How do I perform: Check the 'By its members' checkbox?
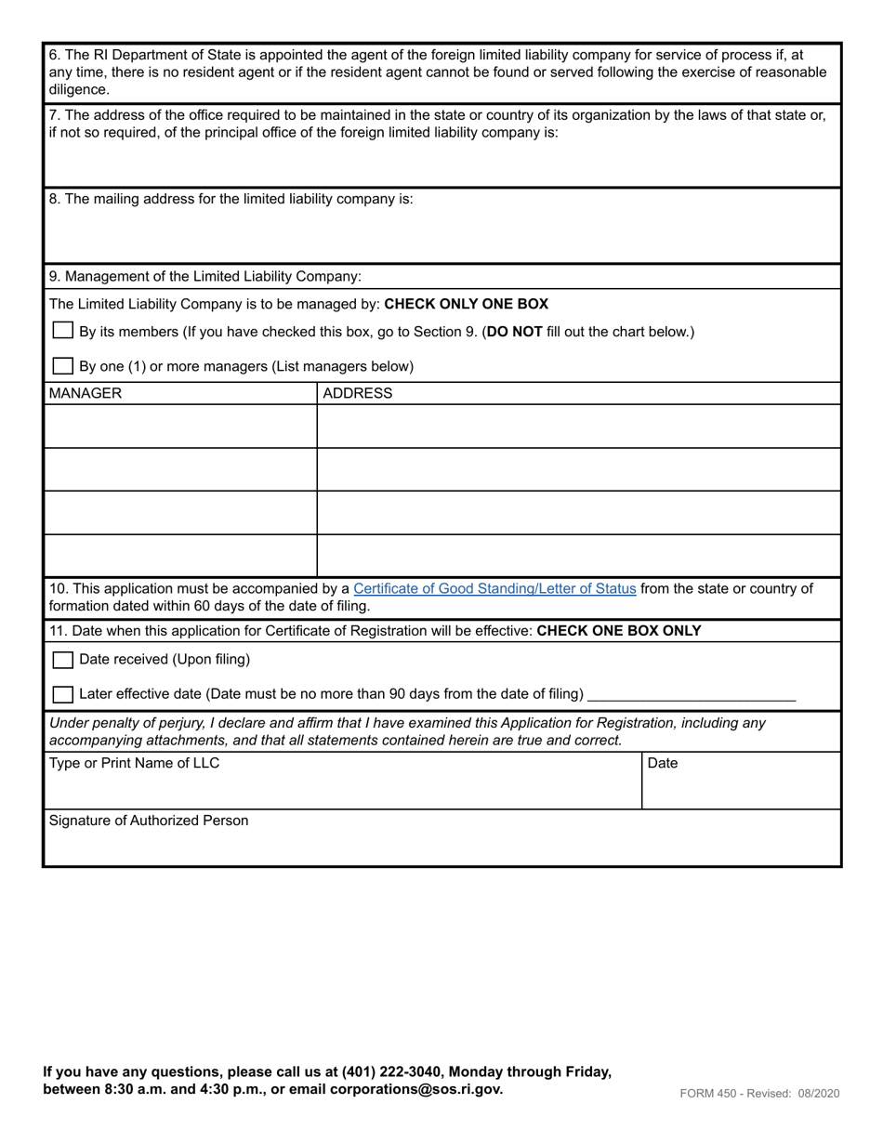point(63,331)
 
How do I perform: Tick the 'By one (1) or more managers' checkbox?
point(63,365)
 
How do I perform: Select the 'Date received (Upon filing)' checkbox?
point(63,660)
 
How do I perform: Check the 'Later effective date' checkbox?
point(63,694)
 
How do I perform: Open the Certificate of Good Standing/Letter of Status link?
point(494,588)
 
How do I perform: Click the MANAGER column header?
point(86,393)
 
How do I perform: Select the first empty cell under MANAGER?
point(180,427)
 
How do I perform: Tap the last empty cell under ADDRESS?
point(578,556)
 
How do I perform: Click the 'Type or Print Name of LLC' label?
point(135,763)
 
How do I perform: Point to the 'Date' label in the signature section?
point(662,763)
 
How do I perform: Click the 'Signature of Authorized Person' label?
point(149,821)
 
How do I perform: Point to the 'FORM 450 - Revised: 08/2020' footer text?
point(759,1094)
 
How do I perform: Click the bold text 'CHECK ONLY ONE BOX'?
point(466,304)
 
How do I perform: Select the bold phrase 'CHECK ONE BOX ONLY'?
point(619,631)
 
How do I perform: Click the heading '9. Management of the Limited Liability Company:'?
point(205,276)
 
